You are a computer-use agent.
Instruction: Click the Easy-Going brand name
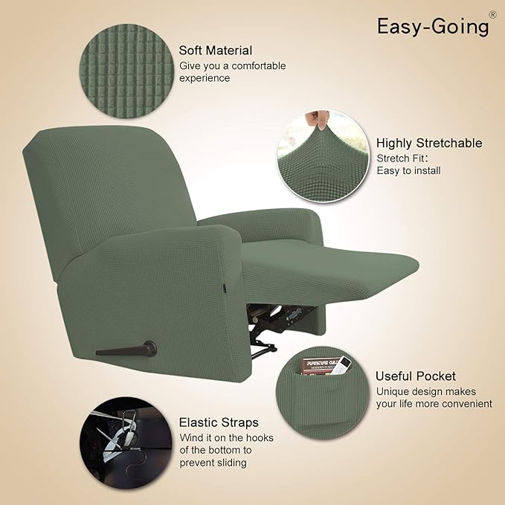click(x=433, y=26)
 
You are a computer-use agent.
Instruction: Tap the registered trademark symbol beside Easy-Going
click(x=492, y=14)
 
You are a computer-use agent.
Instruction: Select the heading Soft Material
click(x=216, y=51)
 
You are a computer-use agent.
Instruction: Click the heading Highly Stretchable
click(x=429, y=143)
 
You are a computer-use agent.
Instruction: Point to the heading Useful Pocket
click(x=415, y=376)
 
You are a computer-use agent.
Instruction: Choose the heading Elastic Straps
click(x=219, y=422)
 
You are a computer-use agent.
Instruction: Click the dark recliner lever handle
click(x=126, y=349)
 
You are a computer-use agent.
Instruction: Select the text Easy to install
click(x=408, y=170)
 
